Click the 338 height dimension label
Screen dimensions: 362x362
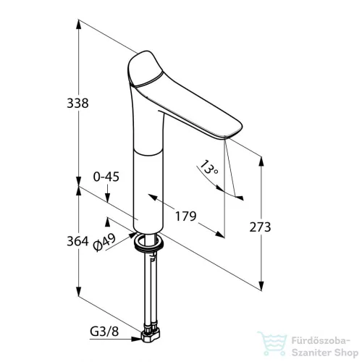(x=77, y=104)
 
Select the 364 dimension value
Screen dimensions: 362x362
(x=77, y=241)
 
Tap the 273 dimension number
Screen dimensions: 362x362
(x=260, y=227)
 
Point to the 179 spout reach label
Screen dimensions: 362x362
(x=185, y=216)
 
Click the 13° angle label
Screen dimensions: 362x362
(x=209, y=167)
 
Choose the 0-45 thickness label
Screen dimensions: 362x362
(x=106, y=177)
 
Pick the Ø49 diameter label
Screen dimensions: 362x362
(x=104, y=243)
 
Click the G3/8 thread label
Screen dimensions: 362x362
(x=104, y=332)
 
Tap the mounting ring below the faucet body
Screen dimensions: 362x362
(x=149, y=243)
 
